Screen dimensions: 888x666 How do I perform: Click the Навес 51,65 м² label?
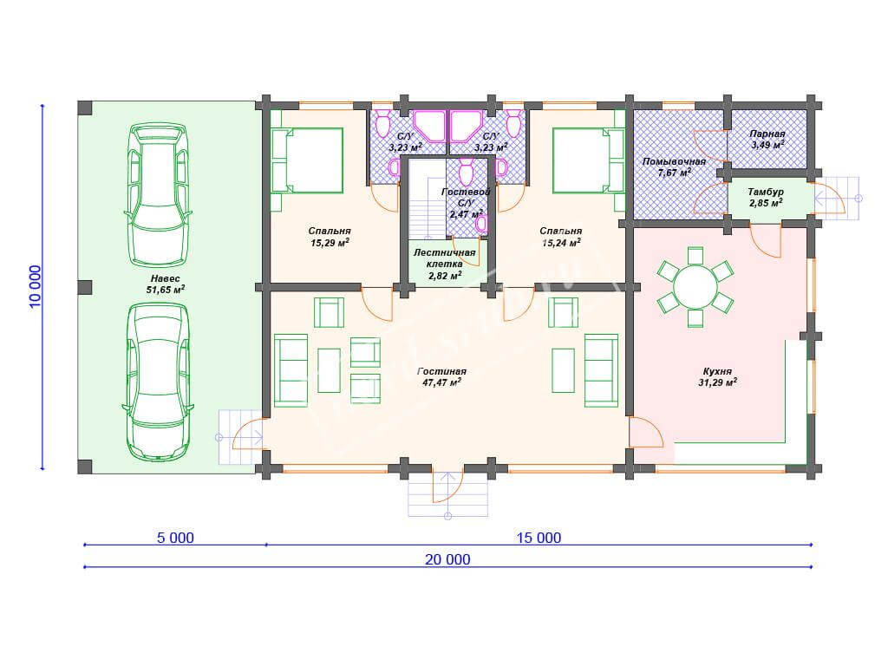166,284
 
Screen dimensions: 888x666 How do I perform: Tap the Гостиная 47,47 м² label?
441,376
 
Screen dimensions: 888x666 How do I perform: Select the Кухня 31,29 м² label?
717,376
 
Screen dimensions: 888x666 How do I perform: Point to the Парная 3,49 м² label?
767,140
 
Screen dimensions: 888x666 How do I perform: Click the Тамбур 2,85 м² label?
766,197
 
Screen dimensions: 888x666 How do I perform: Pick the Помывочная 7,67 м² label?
674,167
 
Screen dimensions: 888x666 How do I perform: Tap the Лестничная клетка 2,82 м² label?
445,264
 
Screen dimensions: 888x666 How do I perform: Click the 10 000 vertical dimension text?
35,286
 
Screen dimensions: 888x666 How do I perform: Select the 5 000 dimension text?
175,538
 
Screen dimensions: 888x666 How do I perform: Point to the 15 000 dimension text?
539,538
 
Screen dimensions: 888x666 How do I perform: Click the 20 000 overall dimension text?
447,559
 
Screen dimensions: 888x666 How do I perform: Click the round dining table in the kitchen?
695,286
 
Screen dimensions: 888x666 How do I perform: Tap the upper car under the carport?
158,195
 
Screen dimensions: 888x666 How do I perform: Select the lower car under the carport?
158,382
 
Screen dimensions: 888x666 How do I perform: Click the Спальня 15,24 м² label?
561,237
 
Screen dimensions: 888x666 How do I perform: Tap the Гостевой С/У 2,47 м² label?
466,203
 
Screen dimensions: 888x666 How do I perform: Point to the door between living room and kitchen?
646,433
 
